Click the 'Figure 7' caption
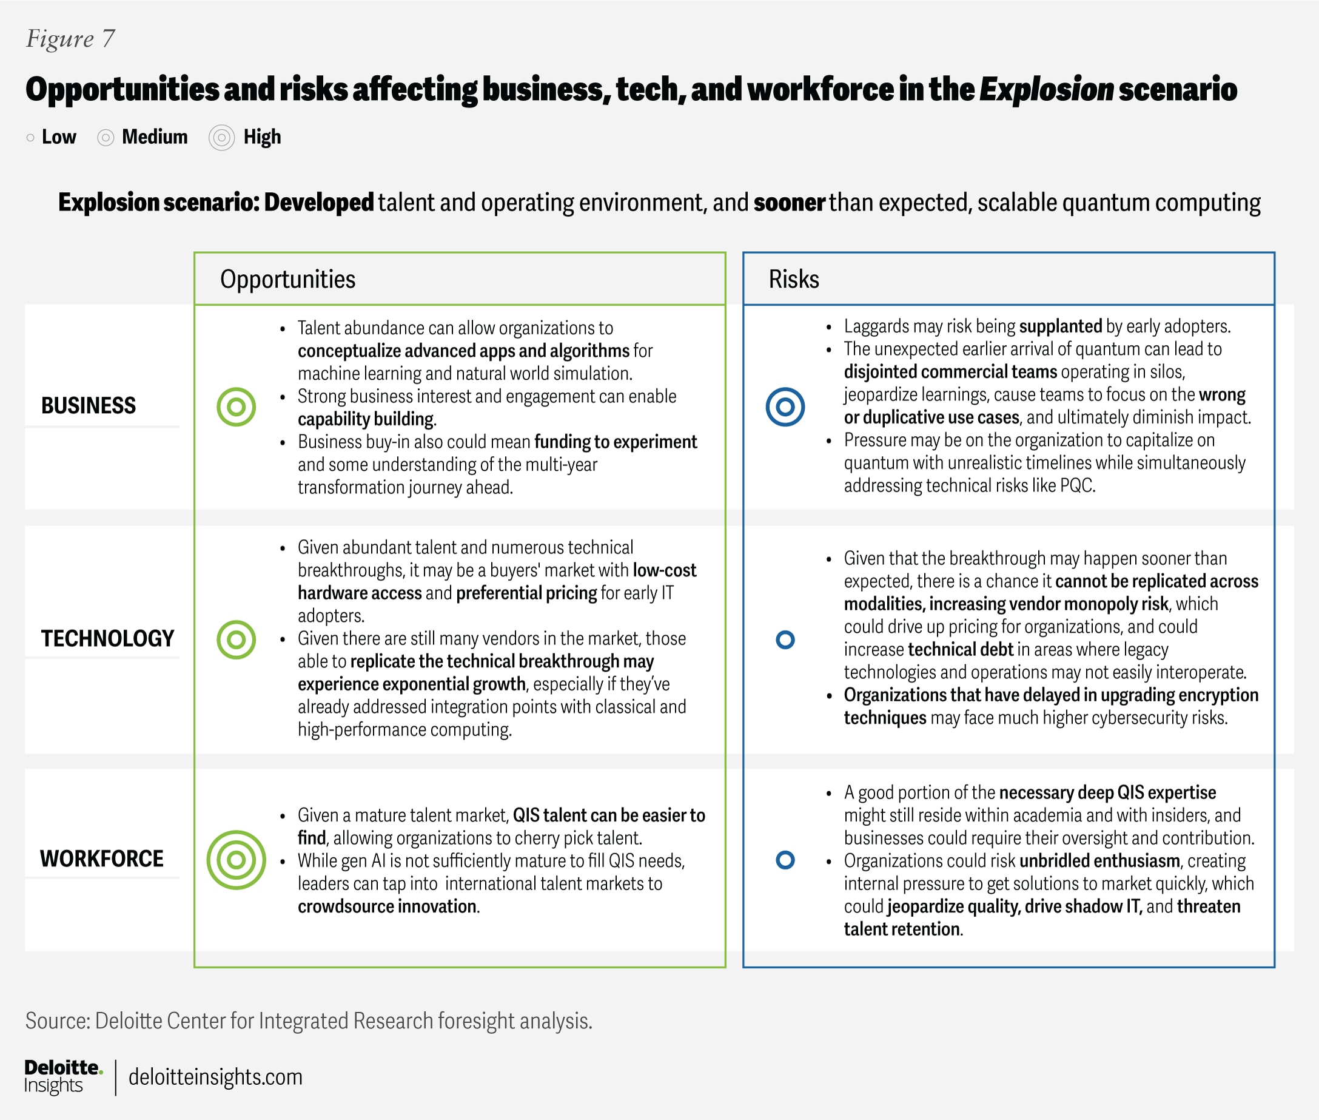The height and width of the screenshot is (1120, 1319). [x=70, y=39]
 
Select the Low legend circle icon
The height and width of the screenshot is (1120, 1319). [x=30, y=138]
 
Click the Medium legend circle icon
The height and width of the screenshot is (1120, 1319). [x=106, y=138]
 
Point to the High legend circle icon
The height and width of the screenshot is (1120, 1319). [x=221, y=138]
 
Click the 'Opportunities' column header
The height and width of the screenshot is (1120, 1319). [x=287, y=279]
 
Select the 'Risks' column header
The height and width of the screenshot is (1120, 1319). [x=793, y=279]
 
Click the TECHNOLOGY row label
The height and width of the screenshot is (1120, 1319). [x=107, y=639]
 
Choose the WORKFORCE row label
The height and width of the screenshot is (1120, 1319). [x=101, y=859]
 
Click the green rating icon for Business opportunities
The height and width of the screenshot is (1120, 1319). [x=236, y=407]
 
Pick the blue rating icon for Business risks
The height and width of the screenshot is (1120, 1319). [x=785, y=407]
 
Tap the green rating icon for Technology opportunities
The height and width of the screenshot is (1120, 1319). [x=236, y=639]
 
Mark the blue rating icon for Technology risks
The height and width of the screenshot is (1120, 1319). [x=785, y=639]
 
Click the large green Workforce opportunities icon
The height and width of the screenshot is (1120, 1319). [x=236, y=860]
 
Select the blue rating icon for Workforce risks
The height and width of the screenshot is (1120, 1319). [x=785, y=860]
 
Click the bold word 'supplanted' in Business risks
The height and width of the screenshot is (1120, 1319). [x=1060, y=326]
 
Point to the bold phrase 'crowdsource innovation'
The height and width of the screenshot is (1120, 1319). [x=387, y=906]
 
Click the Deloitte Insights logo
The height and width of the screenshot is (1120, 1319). [x=62, y=1077]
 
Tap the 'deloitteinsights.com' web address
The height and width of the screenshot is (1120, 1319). [x=215, y=1078]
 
